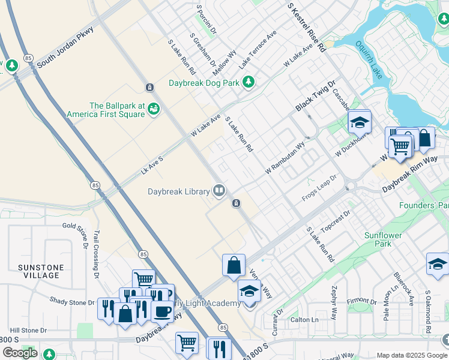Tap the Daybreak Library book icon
point(220,191)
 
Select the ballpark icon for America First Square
point(154,109)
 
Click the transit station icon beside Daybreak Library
point(237,203)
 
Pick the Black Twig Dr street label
point(315,97)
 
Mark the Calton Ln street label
point(304,320)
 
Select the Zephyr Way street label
point(334,302)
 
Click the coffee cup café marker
point(161,311)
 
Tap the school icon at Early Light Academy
point(249,292)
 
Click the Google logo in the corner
point(20,353)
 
